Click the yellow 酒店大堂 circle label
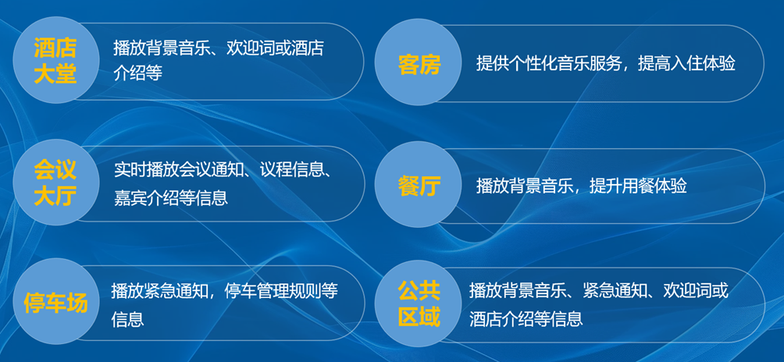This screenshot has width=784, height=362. [x=55, y=61]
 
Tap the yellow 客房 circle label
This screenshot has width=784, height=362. [x=419, y=64]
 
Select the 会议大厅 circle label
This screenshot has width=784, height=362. [x=55, y=182]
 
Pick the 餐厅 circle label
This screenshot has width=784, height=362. [x=419, y=186]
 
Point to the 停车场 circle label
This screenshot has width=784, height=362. [x=55, y=303]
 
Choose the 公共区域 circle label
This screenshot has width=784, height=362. [x=419, y=303]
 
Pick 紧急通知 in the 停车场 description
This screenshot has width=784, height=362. [x=177, y=291]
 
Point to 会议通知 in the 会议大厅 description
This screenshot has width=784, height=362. [x=216, y=170]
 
